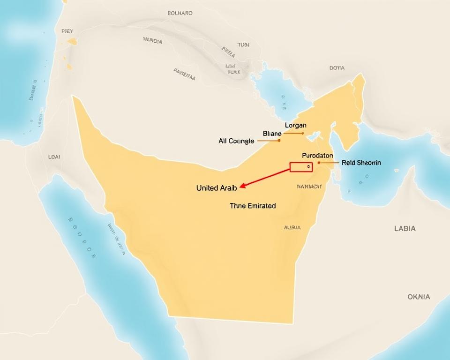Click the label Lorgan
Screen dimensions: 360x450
click(x=295, y=125)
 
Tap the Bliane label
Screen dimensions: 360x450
click(x=272, y=134)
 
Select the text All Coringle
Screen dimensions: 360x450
click(x=236, y=141)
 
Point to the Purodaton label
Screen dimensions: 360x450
click(x=317, y=155)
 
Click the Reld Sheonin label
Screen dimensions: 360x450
click(x=361, y=163)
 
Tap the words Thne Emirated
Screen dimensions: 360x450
click(x=253, y=205)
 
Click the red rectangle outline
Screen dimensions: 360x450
click(x=301, y=167)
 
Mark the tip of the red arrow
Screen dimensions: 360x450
click(x=240, y=187)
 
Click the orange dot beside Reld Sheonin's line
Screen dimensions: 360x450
click(x=319, y=163)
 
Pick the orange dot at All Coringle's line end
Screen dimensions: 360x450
click(x=279, y=140)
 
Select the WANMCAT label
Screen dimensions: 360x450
click(x=309, y=187)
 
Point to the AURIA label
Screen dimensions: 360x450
click(x=292, y=228)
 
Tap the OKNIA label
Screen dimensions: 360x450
click(x=418, y=297)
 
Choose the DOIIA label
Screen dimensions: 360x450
click(x=337, y=68)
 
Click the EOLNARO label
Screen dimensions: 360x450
click(x=180, y=13)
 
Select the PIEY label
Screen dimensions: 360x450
click(x=67, y=31)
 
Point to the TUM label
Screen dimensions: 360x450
click(x=243, y=45)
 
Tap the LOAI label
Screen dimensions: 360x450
click(x=54, y=157)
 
